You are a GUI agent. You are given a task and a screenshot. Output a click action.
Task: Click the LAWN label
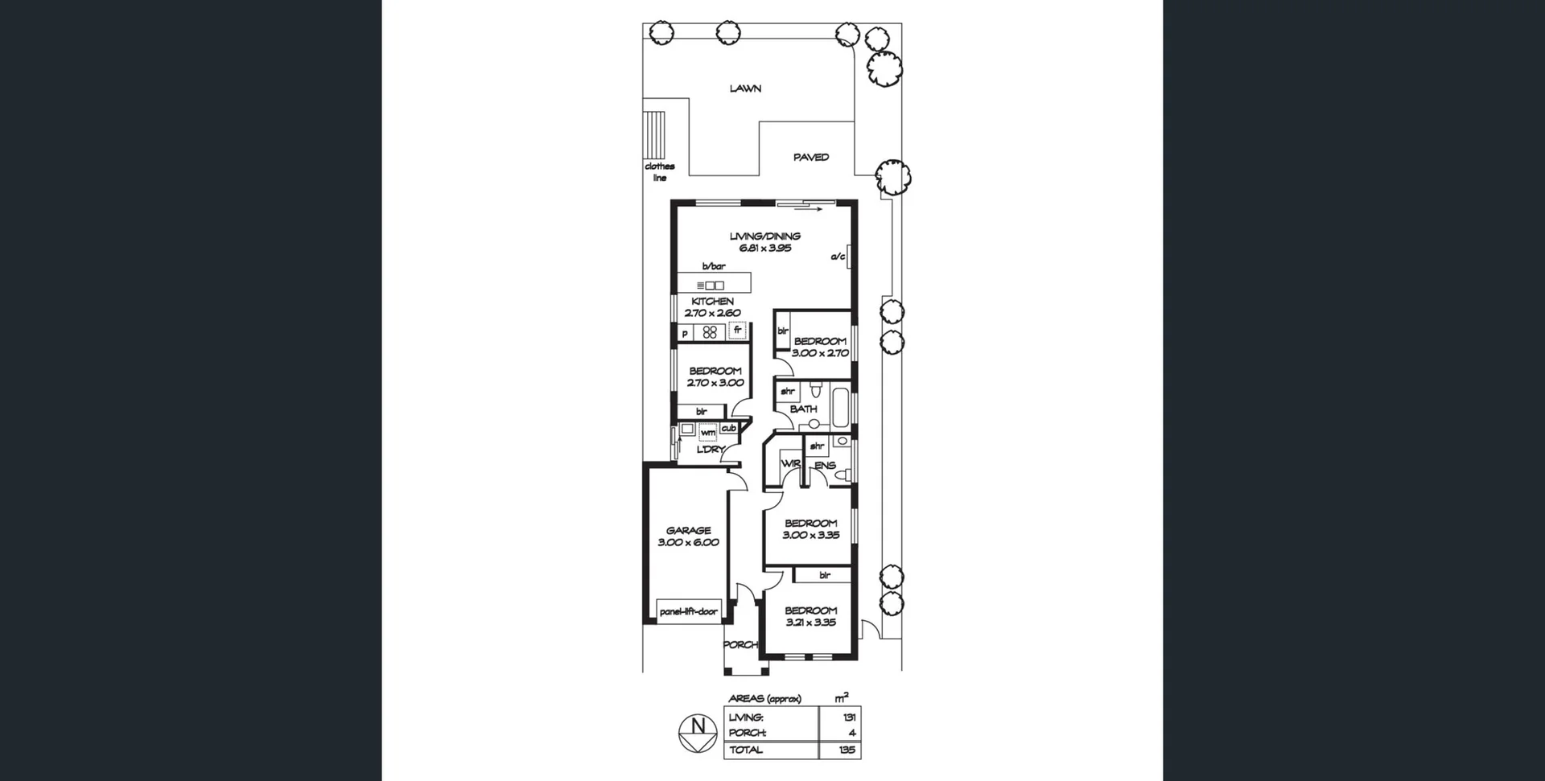tap(745, 88)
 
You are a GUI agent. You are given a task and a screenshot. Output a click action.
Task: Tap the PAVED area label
tap(810, 158)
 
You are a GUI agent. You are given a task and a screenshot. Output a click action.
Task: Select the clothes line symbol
tap(654, 136)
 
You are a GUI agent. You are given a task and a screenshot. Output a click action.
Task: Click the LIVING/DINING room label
tap(764, 236)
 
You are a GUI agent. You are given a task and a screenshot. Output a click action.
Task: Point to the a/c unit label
tap(838, 257)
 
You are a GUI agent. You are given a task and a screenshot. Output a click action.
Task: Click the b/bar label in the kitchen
tap(713, 266)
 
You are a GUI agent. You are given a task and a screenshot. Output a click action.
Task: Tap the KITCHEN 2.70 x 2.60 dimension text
tap(712, 313)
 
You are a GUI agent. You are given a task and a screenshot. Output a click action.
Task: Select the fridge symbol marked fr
tap(737, 330)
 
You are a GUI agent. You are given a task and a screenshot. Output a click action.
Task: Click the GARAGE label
tap(688, 531)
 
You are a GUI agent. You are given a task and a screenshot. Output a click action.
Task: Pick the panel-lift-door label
tap(688, 612)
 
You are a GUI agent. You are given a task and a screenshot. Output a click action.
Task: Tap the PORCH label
tap(740, 645)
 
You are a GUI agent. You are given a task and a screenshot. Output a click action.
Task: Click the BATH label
tap(803, 409)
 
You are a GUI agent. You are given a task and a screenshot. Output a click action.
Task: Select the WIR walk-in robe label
tap(790, 464)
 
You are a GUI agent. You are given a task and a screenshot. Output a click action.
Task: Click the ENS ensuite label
tap(825, 466)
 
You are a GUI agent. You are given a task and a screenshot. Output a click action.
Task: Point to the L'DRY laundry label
tap(711, 450)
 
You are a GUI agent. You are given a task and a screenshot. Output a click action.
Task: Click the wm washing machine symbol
tap(707, 433)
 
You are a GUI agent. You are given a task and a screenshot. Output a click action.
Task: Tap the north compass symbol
tap(698, 734)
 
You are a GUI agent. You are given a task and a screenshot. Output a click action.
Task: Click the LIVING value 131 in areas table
tap(849, 717)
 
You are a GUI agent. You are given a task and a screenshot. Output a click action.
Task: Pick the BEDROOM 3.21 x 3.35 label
tap(810, 616)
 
